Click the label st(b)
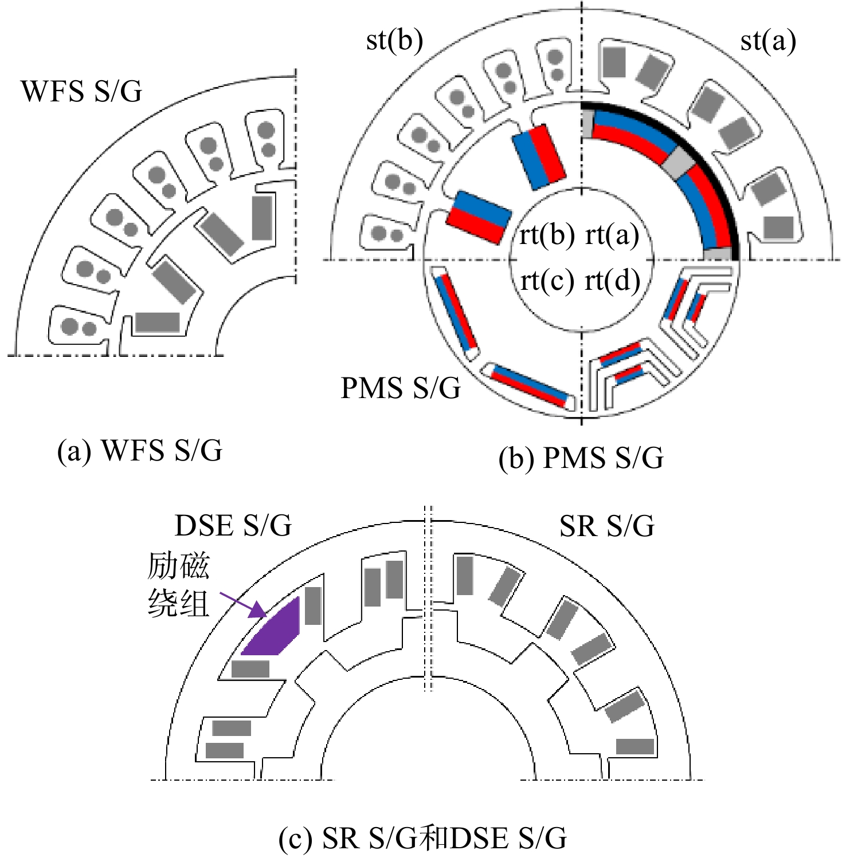point(394,41)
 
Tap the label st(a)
point(768,41)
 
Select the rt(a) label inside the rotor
point(612,235)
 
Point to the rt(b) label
point(547,235)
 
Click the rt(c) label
point(547,281)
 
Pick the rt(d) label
point(612,281)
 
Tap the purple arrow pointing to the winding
point(243,605)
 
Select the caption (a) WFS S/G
point(140,451)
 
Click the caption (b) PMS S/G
point(581,458)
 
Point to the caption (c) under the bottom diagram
point(423,839)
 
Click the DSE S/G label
point(233,526)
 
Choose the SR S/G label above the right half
point(607,526)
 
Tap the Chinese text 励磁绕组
point(178,585)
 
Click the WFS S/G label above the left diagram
point(81,91)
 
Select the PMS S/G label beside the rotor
point(401,388)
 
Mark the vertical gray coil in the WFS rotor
point(263,218)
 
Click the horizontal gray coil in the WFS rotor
point(158,322)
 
